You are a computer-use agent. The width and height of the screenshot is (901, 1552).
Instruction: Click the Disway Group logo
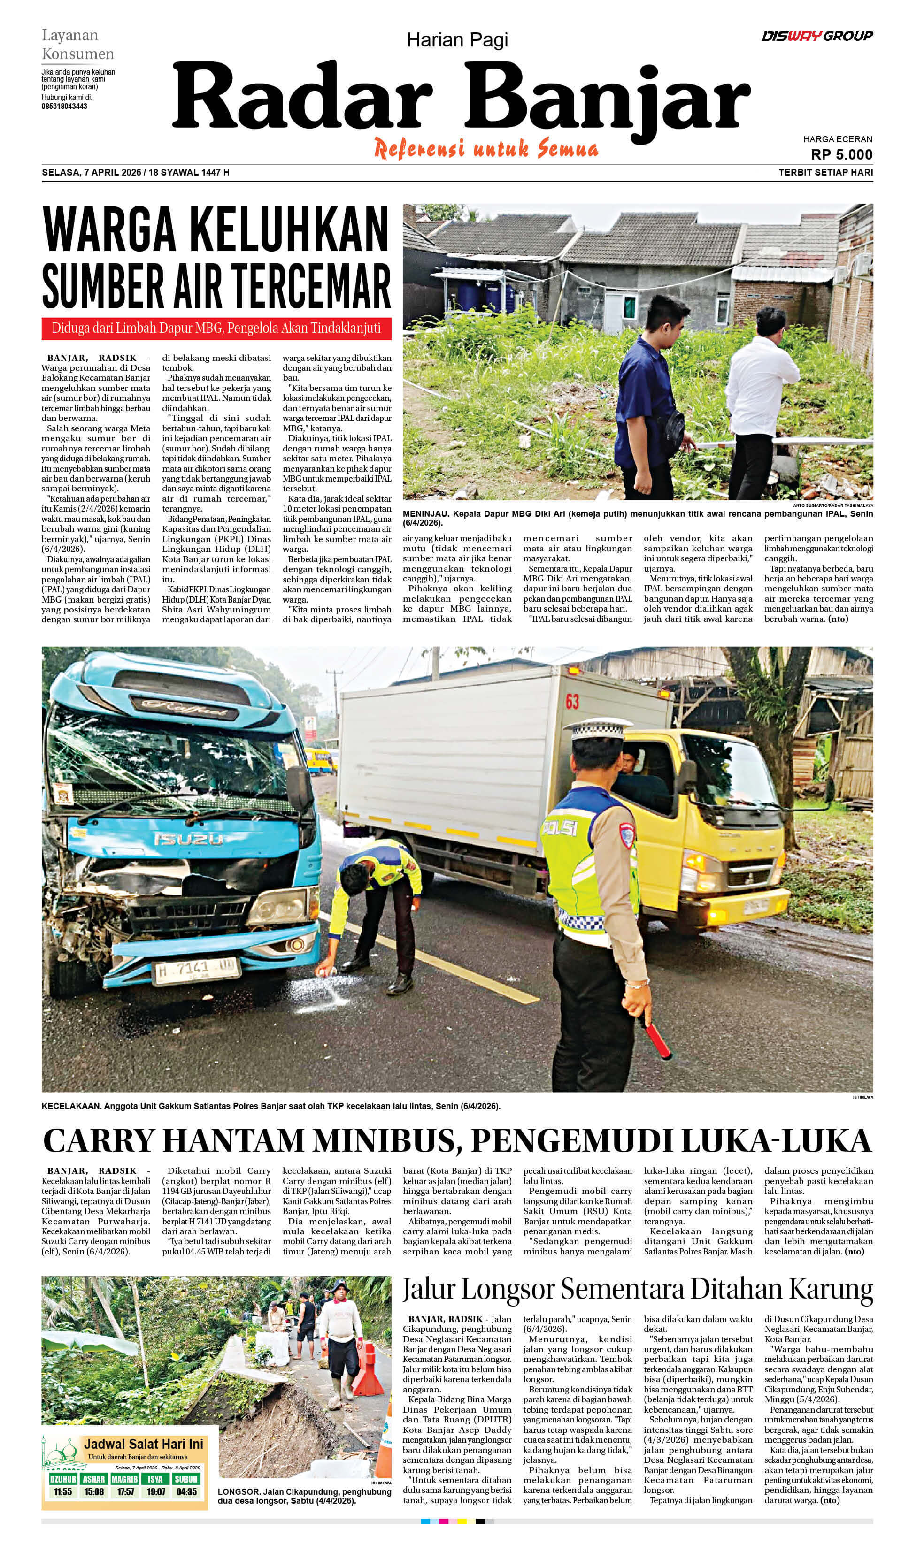pyautogui.click(x=816, y=36)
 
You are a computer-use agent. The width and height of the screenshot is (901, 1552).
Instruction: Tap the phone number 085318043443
pyautogui.click(x=64, y=107)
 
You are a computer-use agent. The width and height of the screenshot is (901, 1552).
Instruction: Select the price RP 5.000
pyautogui.click(x=841, y=154)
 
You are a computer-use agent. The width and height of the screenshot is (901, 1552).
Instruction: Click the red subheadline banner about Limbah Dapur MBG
pyautogui.click(x=216, y=328)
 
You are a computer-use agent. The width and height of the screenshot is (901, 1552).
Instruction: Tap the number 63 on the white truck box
pyautogui.click(x=572, y=702)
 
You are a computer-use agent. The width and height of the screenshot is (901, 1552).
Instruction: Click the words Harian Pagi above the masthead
pyautogui.click(x=457, y=41)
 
